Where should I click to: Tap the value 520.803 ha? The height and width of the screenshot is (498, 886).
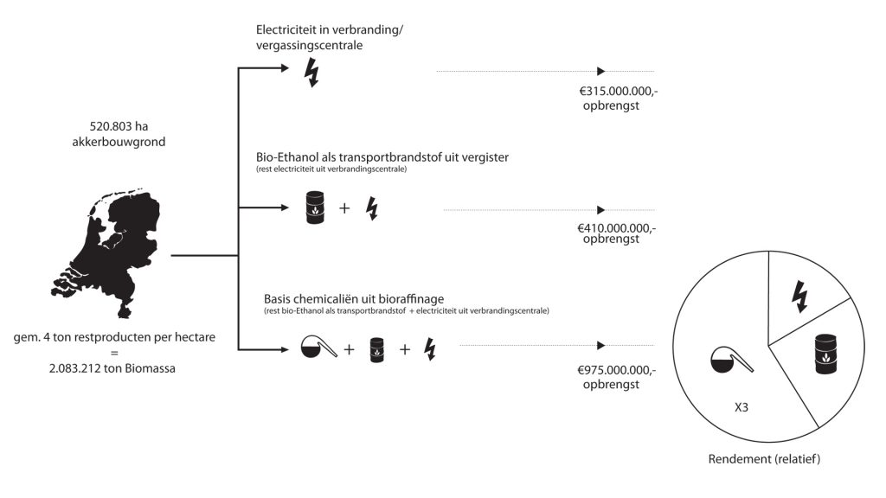point(119,126)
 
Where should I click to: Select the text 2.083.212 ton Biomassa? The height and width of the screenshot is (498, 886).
point(112,368)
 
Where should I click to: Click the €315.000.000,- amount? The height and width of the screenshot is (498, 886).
point(619,91)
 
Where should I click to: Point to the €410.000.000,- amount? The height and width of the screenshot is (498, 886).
point(616,228)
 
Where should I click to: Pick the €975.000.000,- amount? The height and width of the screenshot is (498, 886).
point(616,370)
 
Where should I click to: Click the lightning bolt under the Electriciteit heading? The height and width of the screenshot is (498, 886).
point(311,73)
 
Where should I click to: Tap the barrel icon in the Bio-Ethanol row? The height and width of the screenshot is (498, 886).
point(315,207)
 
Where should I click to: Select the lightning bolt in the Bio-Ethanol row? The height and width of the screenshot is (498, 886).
point(372,208)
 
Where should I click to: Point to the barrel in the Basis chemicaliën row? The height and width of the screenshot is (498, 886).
point(377,349)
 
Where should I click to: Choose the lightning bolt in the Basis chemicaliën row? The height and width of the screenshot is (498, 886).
point(430,349)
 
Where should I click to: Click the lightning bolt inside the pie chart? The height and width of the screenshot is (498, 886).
point(799,297)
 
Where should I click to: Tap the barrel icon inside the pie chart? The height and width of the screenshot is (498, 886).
point(826,354)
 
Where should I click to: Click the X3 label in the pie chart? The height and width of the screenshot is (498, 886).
point(742,407)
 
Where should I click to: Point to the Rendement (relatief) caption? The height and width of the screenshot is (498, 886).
point(764,459)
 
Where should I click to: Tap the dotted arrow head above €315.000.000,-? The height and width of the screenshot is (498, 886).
point(601,71)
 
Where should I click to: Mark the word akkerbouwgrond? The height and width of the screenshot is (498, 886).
point(119,142)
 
